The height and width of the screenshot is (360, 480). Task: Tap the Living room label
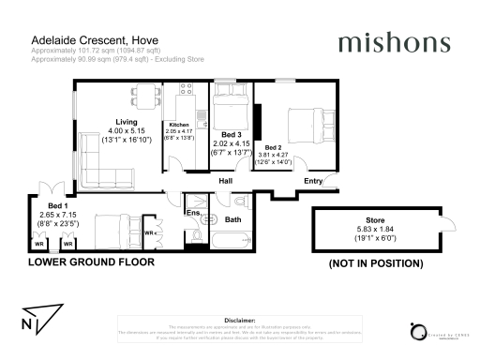127,122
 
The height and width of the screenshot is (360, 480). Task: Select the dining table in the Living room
142,93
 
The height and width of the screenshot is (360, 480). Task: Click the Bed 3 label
230,133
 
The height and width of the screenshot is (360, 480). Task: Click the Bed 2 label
273,147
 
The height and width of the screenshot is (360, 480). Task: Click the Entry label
313,180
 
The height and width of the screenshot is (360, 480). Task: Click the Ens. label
193,213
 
